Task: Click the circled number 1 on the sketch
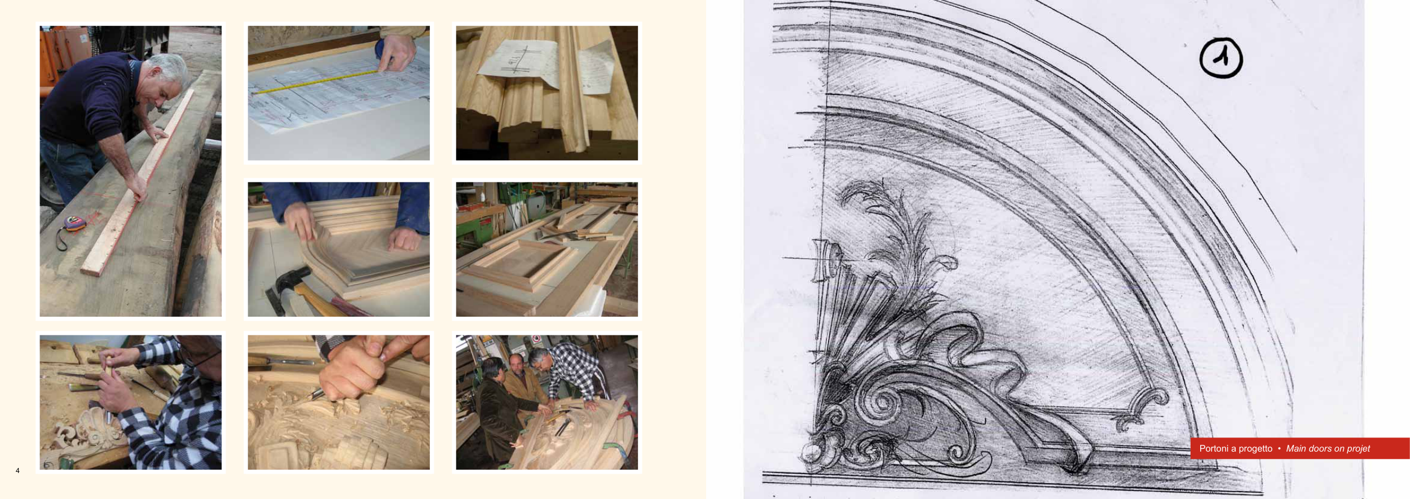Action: point(1221,58)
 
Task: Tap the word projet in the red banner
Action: point(1358,449)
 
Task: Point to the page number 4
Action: point(17,470)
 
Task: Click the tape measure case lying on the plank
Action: point(73,224)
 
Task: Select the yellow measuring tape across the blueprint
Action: point(316,81)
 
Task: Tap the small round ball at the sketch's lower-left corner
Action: point(811,452)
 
